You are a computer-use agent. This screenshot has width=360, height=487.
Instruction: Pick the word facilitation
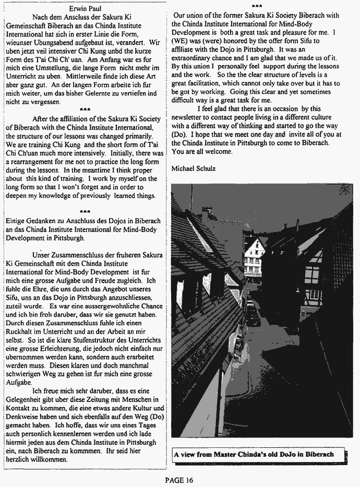click(199, 84)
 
